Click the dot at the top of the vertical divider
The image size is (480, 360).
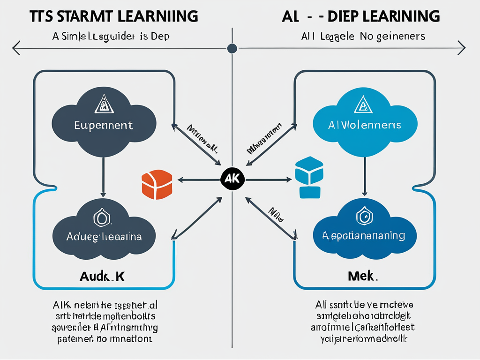click(232, 48)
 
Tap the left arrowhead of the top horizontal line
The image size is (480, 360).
click(15, 48)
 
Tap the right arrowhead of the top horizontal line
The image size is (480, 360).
click(462, 48)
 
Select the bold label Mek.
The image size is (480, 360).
click(363, 276)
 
